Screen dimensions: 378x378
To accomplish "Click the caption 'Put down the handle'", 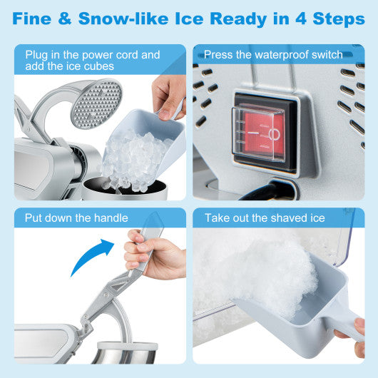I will coord(76,218).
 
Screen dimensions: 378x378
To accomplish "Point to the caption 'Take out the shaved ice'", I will coord(264,218).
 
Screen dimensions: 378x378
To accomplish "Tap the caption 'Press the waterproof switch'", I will coord(273,55).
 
